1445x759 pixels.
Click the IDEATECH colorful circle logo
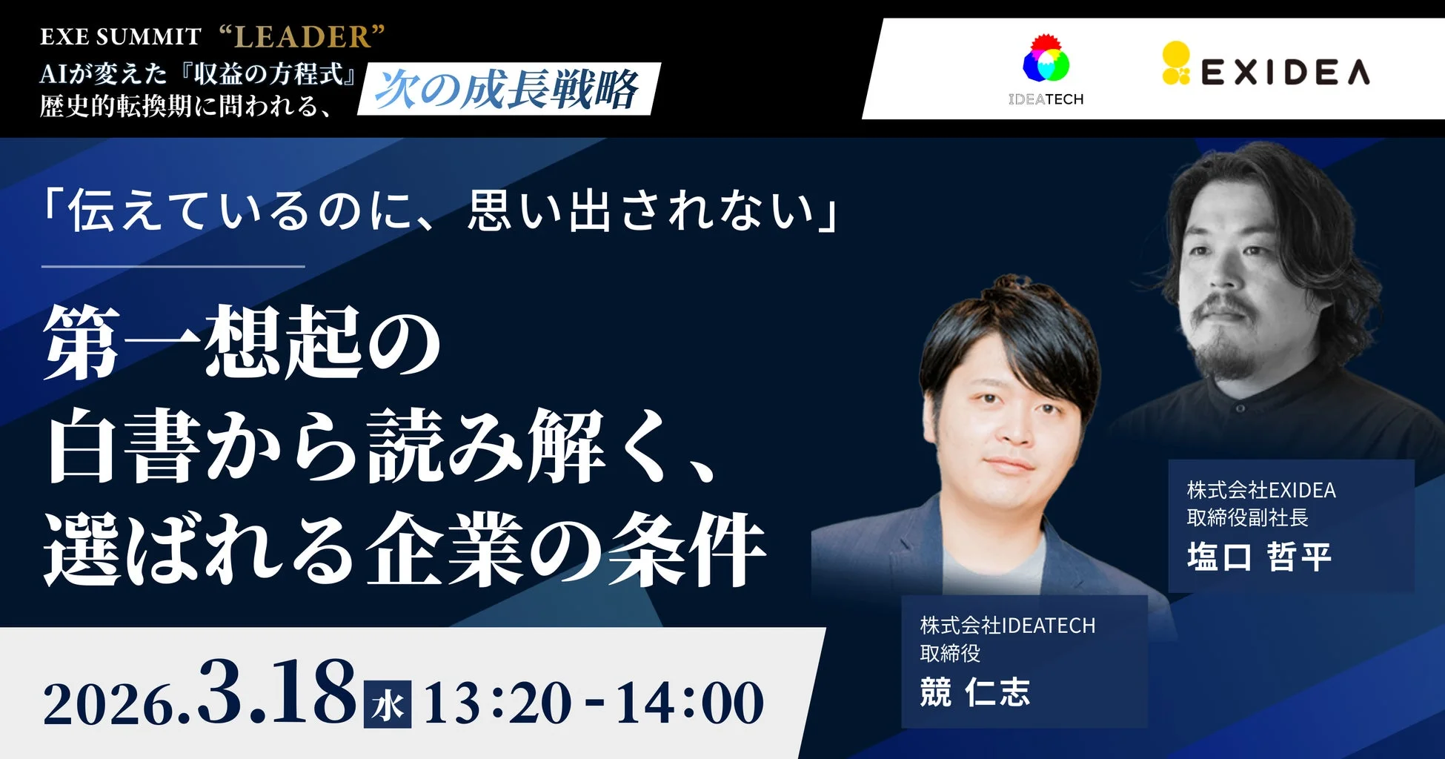coord(1046,61)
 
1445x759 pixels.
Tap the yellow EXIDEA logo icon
coord(1176,64)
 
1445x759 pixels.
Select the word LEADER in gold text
coord(302,36)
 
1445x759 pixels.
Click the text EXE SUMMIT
coord(120,36)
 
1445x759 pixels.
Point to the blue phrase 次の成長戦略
coord(507,90)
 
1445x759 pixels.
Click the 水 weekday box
coord(388,704)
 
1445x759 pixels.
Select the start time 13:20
coord(497,703)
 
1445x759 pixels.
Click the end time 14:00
coord(689,703)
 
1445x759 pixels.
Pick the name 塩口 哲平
coord(1259,557)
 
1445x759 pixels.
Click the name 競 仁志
coord(974,692)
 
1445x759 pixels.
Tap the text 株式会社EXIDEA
coord(1261,490)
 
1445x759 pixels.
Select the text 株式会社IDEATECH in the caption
coord(1007,626)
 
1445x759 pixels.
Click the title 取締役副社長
coord(1247,517)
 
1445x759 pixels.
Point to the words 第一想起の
coord(242,343)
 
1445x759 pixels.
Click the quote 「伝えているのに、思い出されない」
coord(440,211)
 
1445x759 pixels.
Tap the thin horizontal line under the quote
coord(173,266)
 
